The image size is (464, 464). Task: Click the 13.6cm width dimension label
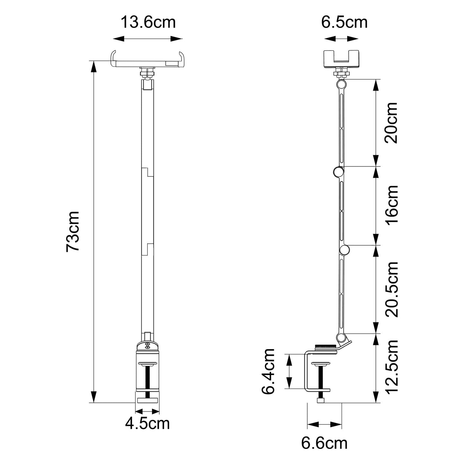coord(148,23)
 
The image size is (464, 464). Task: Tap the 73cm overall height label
coord(73,232)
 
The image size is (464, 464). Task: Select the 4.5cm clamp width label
coord(147,424)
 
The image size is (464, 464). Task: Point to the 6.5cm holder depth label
coord(344,23)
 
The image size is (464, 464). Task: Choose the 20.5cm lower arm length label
coord(392,289)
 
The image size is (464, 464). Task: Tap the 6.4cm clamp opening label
coord(268,372)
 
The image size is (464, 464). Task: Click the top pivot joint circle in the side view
coord(342,84)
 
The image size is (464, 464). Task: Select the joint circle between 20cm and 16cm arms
coord(338,172)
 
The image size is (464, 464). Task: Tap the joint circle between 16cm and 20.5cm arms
coord(345,250)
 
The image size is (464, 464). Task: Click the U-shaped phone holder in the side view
coord(341,59)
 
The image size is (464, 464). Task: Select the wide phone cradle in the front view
coord(148,60)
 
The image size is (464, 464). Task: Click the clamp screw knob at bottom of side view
coord(321,400)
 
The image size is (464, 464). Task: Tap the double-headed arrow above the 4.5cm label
coord(147,411)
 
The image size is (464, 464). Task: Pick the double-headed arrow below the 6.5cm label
coord(341,39)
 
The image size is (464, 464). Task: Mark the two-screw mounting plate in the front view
coord(147,346)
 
